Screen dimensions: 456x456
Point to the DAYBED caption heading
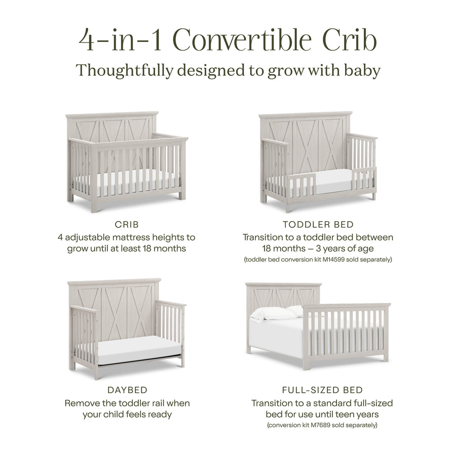tap(128, 390)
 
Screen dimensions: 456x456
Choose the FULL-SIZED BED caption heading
tap(322, 390)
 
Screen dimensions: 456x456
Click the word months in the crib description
tap(168, 249)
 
